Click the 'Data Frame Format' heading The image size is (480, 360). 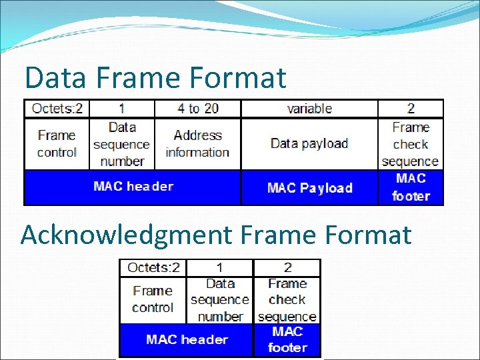(155, 78)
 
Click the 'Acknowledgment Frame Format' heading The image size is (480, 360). (216, 235)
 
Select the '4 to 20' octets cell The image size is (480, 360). (198, 109)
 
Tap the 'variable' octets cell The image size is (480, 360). (309, 109)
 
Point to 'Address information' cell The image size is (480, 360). (197, 143)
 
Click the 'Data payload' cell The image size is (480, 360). (309, 143)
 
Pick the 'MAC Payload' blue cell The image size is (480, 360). (309, 188)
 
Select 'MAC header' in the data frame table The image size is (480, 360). (133, 187)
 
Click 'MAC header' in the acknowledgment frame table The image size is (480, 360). (187, 340)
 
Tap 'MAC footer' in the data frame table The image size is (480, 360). (411, 187)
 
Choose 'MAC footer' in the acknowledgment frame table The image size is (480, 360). (287, 339)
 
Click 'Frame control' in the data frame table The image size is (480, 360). (57, 143)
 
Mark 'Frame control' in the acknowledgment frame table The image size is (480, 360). (153, 299)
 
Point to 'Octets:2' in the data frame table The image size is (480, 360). (57, 109)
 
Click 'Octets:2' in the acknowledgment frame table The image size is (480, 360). (153, 268)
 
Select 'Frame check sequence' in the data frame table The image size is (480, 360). (411, 144)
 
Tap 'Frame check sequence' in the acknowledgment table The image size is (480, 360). (287, 300)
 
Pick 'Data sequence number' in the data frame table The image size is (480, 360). (121, 144)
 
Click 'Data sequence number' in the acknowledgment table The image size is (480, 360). (220, 300)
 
